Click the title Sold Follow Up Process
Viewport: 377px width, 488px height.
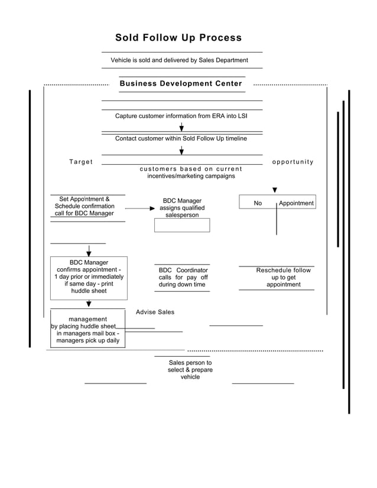[178, 38]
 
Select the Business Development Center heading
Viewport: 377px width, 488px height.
[181, 83]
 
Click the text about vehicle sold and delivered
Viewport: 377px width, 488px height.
[179, 60]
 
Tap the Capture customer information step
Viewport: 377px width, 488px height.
[181, 116]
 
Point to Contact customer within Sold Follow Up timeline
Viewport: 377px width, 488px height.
[181, 138]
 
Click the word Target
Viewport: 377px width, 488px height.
[81, 162]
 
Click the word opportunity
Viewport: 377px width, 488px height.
[292, 162]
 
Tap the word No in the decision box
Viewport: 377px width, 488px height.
[258, 203]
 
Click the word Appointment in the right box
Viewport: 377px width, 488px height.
[296, 203]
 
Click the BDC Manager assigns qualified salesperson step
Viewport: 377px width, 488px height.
[182, 208]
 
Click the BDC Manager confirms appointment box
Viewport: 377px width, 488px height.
[89, 276]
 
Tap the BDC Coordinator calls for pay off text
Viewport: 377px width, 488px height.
[183, 277]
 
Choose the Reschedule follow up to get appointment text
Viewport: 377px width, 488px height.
[283, 277]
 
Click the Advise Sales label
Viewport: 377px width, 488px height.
[155, 312]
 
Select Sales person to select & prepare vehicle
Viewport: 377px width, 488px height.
[190, 370]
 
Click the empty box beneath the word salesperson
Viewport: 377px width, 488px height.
[182, 225]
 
